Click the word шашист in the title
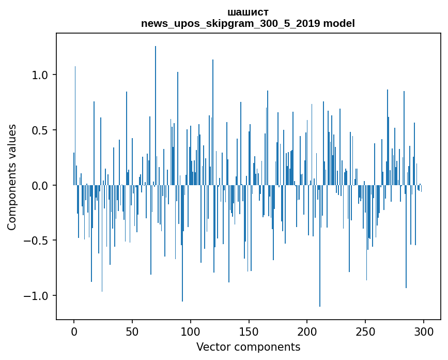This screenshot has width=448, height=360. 248,12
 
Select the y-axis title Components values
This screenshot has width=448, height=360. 12,177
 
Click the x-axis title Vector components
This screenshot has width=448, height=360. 248,347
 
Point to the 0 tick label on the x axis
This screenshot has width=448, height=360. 74,331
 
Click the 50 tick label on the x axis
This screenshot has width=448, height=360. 132,331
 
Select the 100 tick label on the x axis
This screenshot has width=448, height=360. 191,331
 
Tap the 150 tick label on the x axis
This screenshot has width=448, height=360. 249,331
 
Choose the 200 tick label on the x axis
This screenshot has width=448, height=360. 307,331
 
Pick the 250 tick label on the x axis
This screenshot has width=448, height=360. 365,331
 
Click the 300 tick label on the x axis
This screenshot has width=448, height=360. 423,331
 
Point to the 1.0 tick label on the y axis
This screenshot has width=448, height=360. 40,75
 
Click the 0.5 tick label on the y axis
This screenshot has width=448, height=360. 40,130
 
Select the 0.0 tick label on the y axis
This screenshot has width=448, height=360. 40,185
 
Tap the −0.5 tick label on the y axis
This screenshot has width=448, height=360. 36,241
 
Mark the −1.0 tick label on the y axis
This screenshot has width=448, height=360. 36,295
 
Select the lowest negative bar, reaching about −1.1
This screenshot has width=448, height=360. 320,248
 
